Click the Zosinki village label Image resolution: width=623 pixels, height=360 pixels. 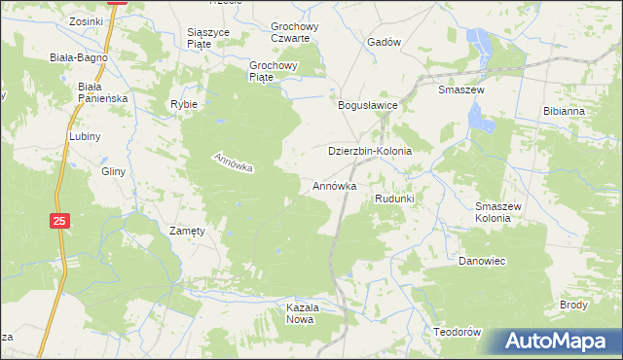point(87,20)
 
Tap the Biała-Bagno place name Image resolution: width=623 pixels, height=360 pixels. point(79,57)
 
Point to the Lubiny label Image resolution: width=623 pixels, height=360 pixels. point(86,137)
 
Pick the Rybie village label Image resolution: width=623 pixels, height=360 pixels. point(184,104)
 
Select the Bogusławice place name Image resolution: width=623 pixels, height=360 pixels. point(366,105)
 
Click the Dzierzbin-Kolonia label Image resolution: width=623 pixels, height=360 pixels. point(370,153)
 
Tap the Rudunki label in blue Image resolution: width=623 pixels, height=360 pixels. point(395,199)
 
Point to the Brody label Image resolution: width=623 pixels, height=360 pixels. point(573,305)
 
